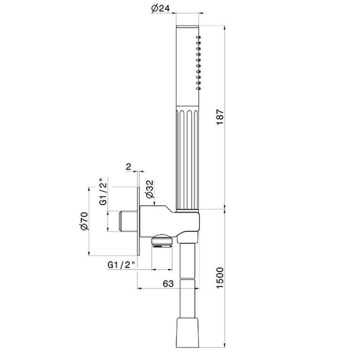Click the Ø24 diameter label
click(160, 8)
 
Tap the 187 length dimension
click(220, 117)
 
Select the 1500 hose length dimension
click(220, 278)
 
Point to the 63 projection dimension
click(168, 283)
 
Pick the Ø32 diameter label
click(149, 189)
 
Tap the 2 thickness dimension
click(128, 167)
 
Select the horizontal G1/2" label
click(121, 265)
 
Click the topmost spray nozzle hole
click(199, 37)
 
